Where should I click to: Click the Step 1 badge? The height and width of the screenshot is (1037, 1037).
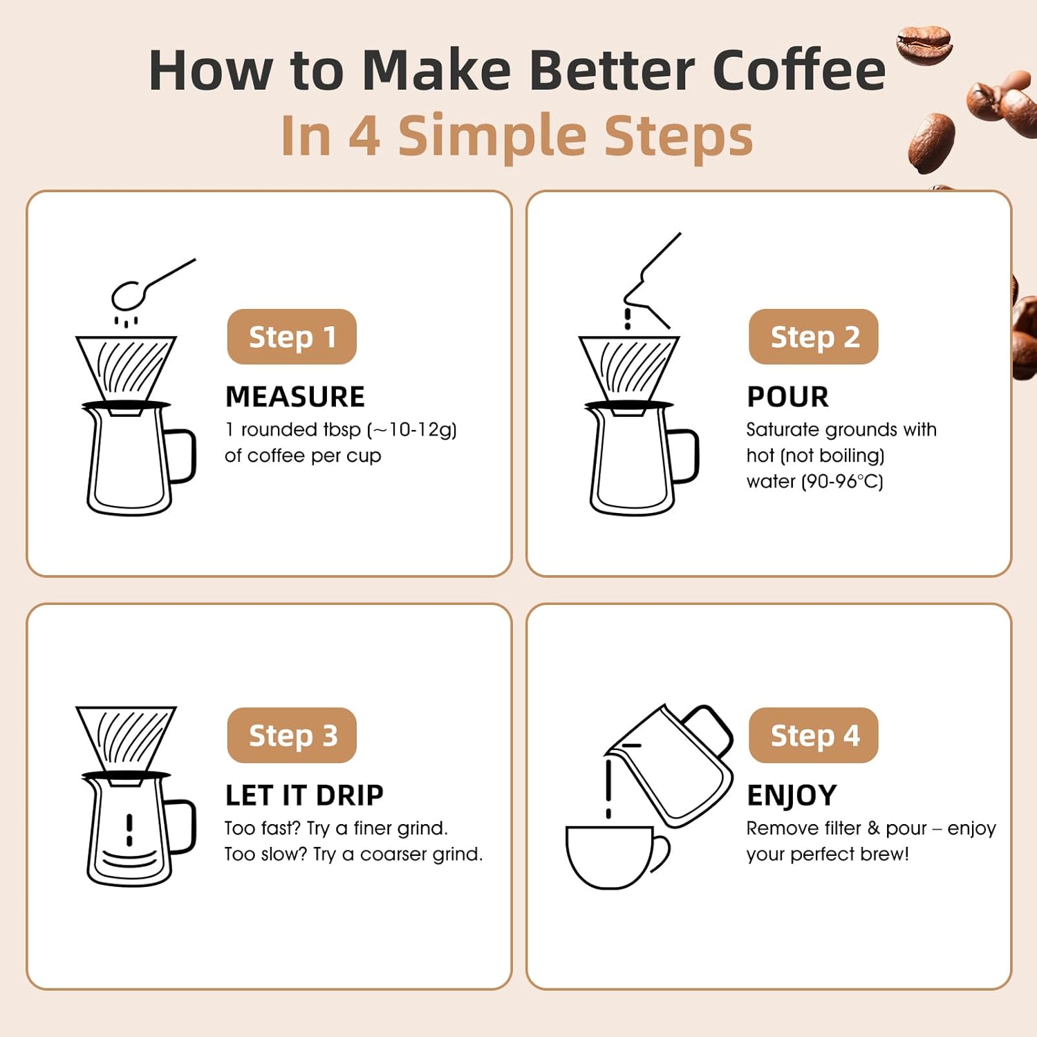tap(292, 337)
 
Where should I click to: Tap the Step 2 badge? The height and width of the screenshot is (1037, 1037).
tap(814, 337)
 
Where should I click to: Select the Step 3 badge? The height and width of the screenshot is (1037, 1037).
tap(292, 736)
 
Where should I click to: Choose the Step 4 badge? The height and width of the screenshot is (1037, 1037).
tap(814, 736)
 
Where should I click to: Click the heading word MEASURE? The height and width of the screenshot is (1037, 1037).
tap(295, 397)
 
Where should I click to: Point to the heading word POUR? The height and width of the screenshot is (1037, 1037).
tap(787, 397)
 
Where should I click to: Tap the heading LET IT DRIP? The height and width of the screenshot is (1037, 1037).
tap(304, 796)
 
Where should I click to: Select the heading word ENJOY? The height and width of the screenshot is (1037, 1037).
tap(792, 796)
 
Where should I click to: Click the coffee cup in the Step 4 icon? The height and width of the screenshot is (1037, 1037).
tap(612, 856)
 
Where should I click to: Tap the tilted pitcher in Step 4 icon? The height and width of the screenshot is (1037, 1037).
tap(674, 764)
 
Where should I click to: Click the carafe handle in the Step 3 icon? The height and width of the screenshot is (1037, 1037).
tap(182, 826)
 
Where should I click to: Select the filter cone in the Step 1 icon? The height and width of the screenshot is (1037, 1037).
tap(126, 366)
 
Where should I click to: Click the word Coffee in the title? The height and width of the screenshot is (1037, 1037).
tap(798, 71)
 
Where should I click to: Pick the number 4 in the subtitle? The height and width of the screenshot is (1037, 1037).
tap(364, 136)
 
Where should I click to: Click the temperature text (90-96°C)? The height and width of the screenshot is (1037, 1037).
tap(842, 482)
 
